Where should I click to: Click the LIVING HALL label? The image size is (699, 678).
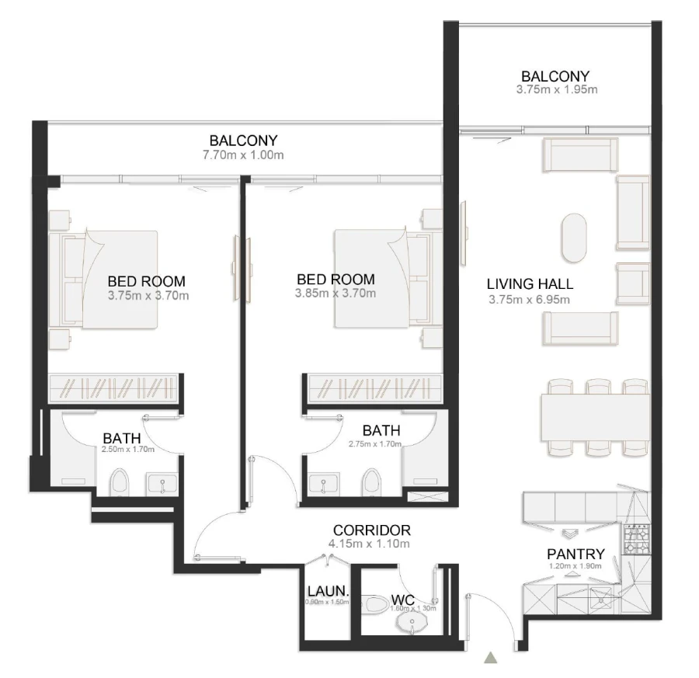530,284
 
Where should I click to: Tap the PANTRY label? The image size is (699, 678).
576,554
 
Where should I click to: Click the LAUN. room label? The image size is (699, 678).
327,590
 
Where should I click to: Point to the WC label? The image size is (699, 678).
402,600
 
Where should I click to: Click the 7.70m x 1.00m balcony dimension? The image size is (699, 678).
243,155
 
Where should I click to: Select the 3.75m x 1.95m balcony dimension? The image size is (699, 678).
557,90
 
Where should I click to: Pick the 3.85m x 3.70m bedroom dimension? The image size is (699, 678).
336,294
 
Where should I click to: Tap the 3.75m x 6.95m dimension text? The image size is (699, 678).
530,300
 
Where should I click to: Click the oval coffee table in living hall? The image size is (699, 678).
576,238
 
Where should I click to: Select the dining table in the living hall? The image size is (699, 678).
595,416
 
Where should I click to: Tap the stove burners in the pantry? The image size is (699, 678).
636,538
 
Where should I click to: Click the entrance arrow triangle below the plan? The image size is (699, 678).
490,658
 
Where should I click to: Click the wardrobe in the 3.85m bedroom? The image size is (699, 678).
372,386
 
